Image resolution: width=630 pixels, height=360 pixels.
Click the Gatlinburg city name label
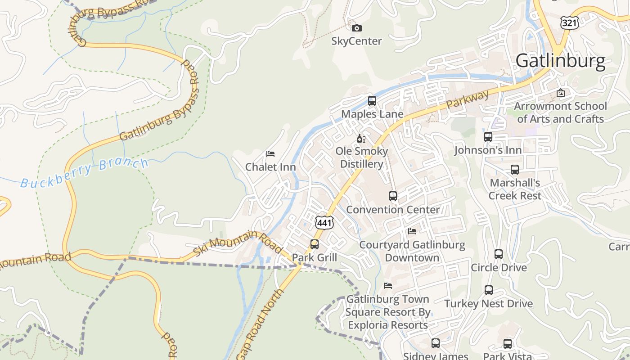click(x=560, y=61)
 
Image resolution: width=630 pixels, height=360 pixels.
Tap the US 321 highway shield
click(x=570, y=22)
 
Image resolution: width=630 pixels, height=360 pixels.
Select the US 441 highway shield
click(x=324, y=222)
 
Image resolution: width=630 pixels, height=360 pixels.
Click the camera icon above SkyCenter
click(x=356, y=28)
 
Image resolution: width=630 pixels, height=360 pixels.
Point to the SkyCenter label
click(x=356, y=41)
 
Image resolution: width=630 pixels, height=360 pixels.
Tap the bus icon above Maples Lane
click(x=372, y=101)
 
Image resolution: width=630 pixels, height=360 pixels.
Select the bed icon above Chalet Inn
click(x=270, y=154)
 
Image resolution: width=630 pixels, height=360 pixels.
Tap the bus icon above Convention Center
click(x=392, y=196)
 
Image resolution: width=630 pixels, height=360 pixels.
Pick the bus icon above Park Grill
click(x=314, y=244)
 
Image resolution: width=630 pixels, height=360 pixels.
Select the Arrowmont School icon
click(x=560, y=93)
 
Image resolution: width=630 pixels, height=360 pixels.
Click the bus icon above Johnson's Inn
click(x=488, y=137)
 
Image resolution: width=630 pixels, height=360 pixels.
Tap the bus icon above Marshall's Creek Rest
click(x=514, y=170)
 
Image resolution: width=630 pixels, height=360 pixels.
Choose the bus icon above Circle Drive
click(x=498, y=254)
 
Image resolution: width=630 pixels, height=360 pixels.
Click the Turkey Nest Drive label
click(x=488, y=304)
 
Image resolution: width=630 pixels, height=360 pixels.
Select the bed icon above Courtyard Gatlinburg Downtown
click(x=412, y=231)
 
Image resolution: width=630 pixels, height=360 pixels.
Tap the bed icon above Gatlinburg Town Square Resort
click(x=387, y=286)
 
